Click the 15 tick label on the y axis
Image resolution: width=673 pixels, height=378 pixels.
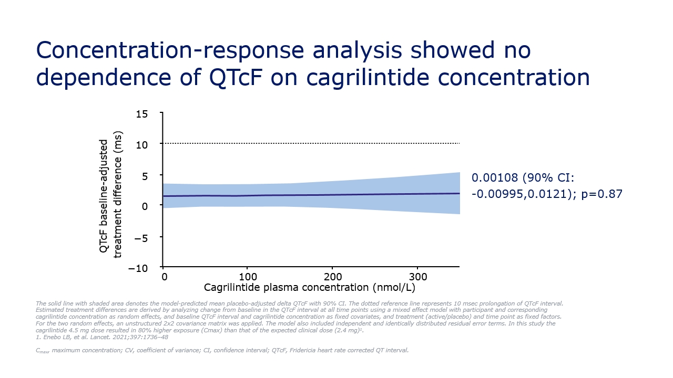pyautogui.click(x=142, y=114)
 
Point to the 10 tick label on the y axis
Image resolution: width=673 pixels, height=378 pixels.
pyautogui.click(x=142, y=145)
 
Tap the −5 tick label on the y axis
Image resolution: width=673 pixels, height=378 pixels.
pyautogui.click(x=141, y=239)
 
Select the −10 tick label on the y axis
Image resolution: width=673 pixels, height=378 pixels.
pyautogui.click(x=138, y=268)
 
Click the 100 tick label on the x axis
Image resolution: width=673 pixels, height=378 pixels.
pyautogui.click(x=248, y=277)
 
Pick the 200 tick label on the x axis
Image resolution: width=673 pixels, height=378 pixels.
pyautogui.click(x=333, y=277)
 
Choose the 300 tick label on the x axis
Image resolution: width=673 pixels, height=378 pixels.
pyautogui.click(x=418, y=277)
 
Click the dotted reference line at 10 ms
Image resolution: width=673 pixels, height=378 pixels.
pyautogui.click(x=311, y=143)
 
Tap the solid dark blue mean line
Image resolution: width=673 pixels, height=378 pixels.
pyautogui.click(x=311, y=195)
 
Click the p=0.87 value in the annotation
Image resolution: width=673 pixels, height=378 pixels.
pyautogui.click(x=602, y=194)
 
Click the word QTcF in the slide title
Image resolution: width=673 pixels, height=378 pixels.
pyautogui.click(x=236, y=77)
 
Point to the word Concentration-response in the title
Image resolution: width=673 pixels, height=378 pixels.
pyautogui.click(x=170, y=50)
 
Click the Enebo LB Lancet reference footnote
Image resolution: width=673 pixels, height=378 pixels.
pyautogui.click(x=102, y=337)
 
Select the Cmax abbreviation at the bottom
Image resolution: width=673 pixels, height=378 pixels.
pyautogui.click(x=43, y=351)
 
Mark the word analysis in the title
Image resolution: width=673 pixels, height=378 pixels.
pyautogui.click(x=357, y=50)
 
